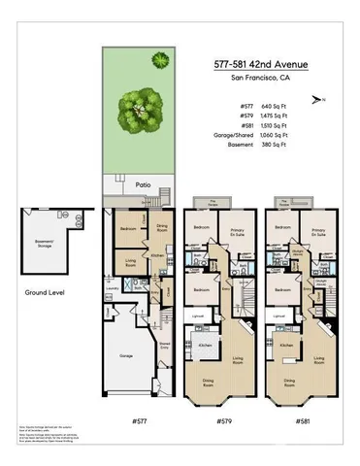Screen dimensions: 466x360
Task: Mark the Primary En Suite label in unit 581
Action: click(x=318, y=233)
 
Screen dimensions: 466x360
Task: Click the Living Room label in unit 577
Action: click(x=128, y=261)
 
